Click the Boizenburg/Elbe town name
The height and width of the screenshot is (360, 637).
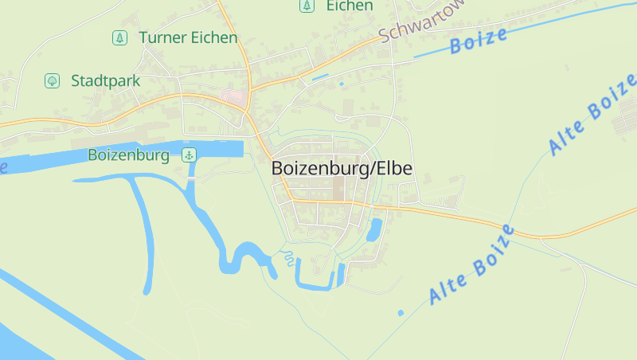click(x=342, y=169)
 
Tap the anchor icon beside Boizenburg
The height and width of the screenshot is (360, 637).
click(x=190, y=155)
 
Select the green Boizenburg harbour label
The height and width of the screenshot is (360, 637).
click(x=128, y=155)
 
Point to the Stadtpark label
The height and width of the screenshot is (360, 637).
click(x=105, y=80)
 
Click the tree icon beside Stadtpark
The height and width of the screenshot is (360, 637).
click(x=53, y=80)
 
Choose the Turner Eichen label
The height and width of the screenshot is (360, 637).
click(x=188, y=37)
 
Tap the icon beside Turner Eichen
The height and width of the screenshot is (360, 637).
click(x=119, y=37)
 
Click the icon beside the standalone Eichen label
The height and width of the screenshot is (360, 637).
click(x=306, y=6)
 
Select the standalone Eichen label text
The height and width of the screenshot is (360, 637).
click(x=349, y=6)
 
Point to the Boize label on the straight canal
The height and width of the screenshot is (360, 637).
click(x=479, y=41)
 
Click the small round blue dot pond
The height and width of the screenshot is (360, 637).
click(x=401, y=312)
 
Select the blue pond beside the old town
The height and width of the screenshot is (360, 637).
click(x=373, y=229)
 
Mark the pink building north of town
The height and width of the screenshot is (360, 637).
click(x=235, y=98)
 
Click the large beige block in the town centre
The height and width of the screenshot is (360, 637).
click(x=339, y=187)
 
